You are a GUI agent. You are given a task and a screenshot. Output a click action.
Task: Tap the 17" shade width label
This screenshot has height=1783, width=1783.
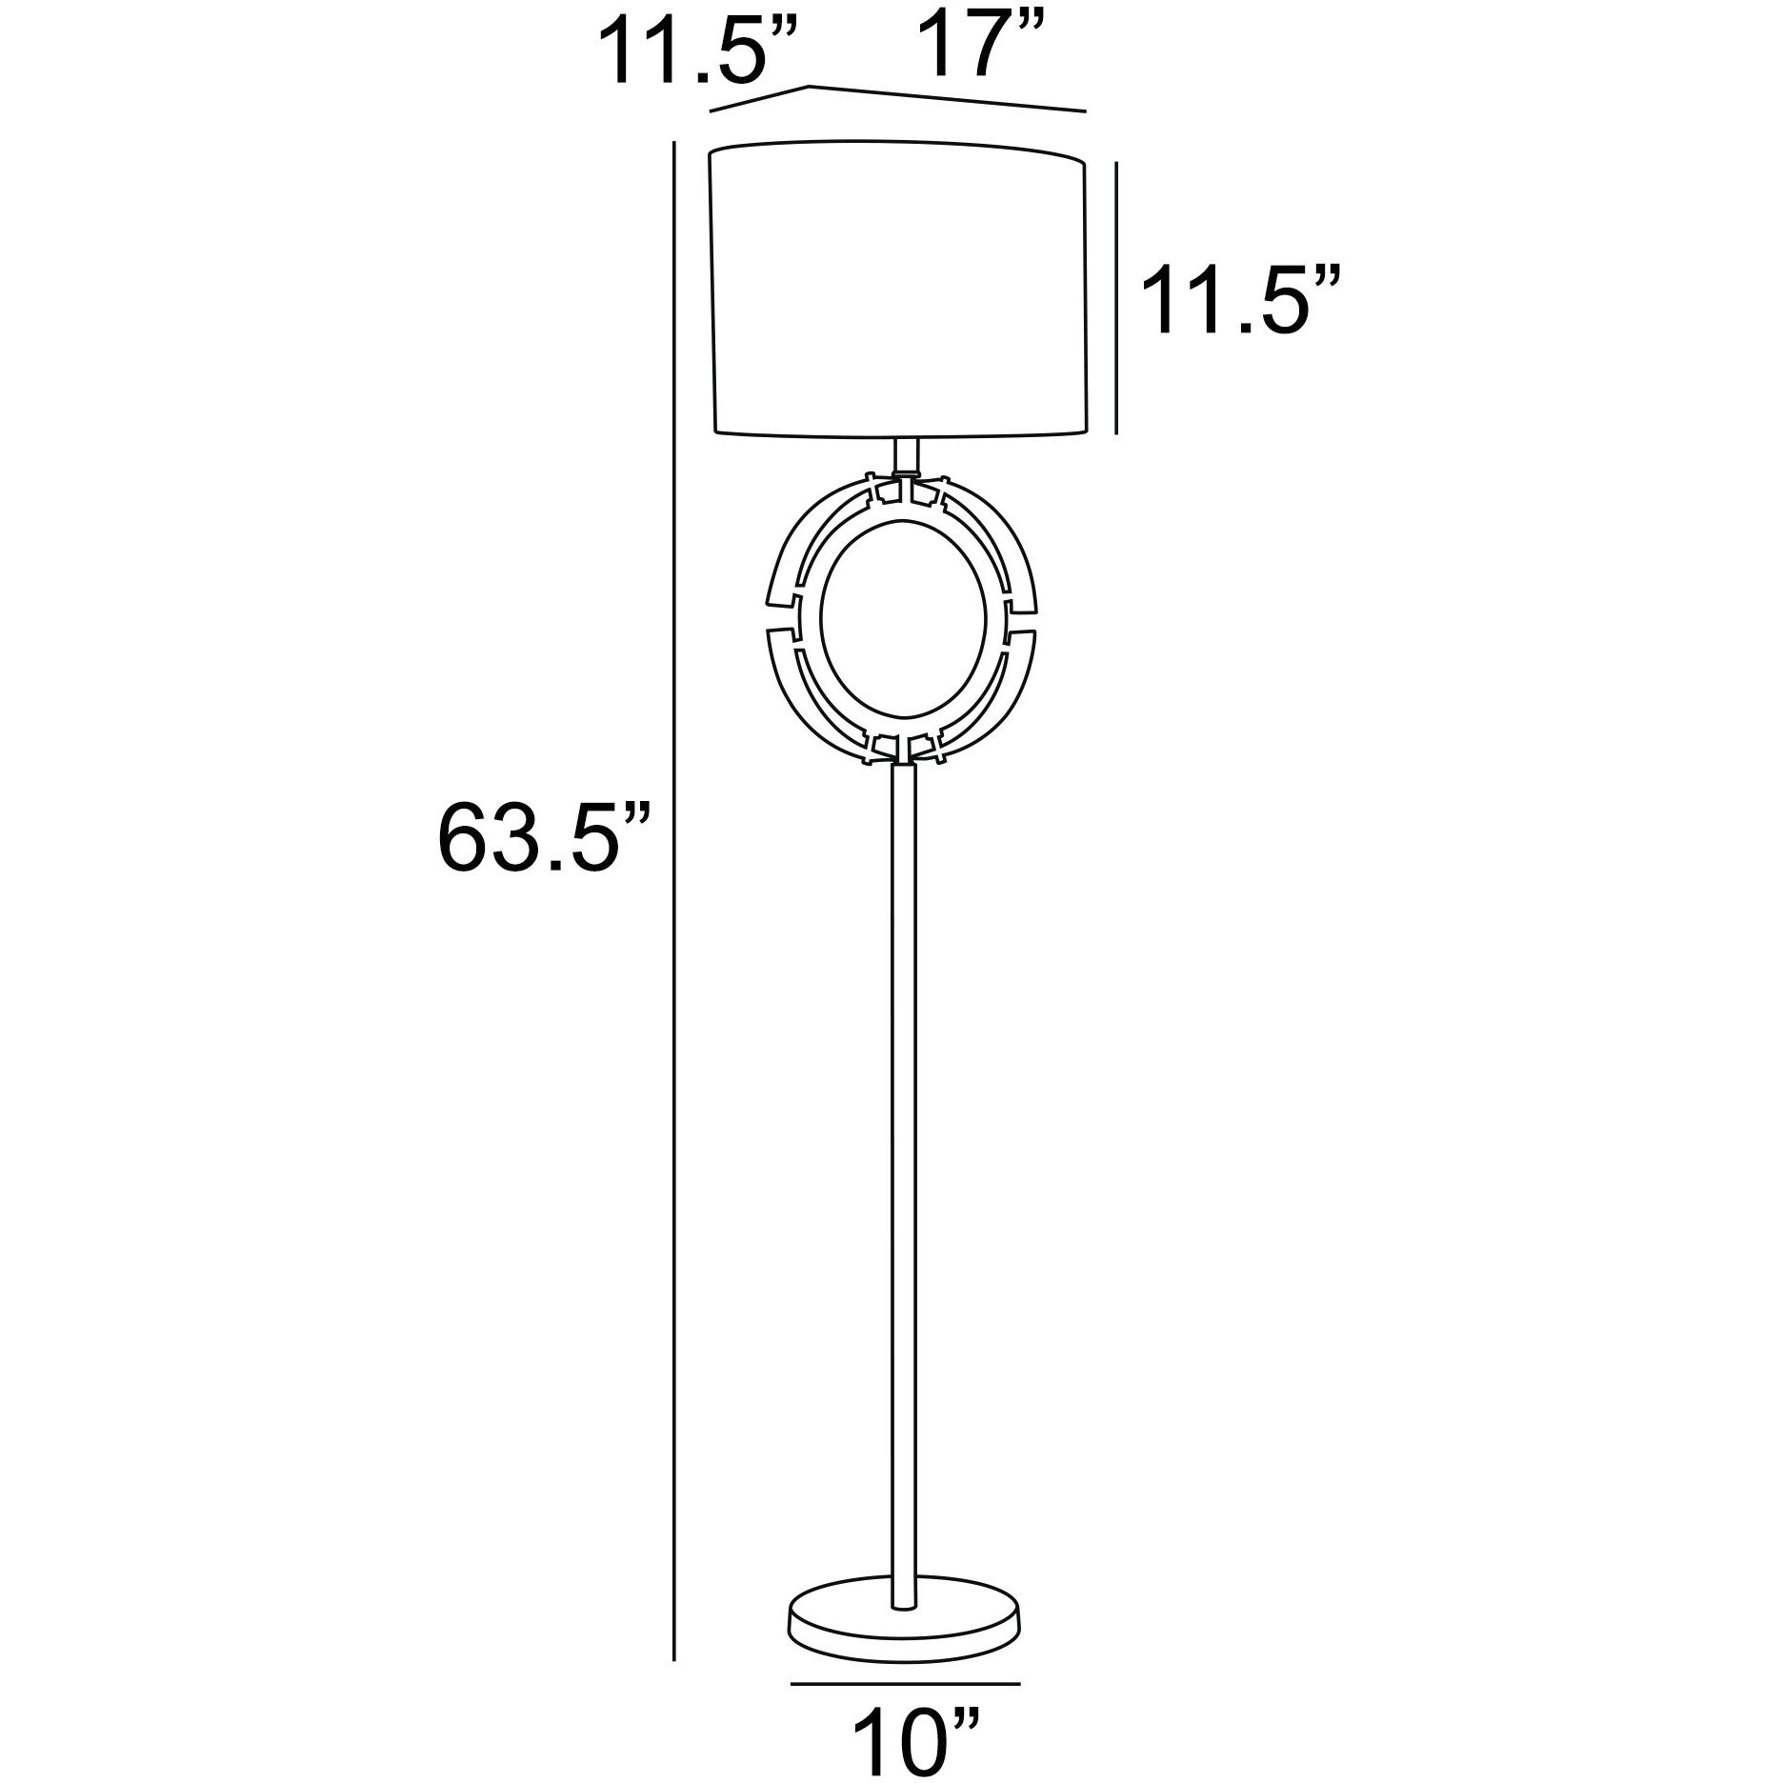984,45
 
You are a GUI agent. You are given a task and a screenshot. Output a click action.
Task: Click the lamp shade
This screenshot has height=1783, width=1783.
898,290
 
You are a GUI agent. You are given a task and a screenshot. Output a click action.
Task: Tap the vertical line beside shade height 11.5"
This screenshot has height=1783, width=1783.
1115,298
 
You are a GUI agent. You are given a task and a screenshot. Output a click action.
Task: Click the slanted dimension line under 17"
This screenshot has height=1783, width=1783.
948,99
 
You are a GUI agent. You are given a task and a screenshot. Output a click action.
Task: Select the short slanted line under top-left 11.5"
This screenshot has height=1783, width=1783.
760,100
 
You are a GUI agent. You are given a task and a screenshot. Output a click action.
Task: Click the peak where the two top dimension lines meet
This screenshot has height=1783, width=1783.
810,87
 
